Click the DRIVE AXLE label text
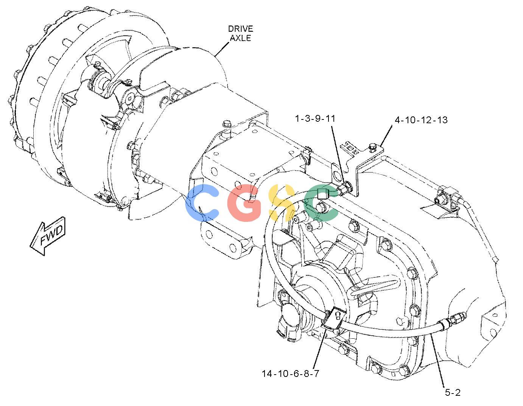click(240, 33)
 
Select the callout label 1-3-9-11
click(315, 118)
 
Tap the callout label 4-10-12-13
click(421, 120)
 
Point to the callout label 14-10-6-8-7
click(290, 373)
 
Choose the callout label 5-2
click(453, 392)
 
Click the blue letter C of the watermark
click(202, 203)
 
